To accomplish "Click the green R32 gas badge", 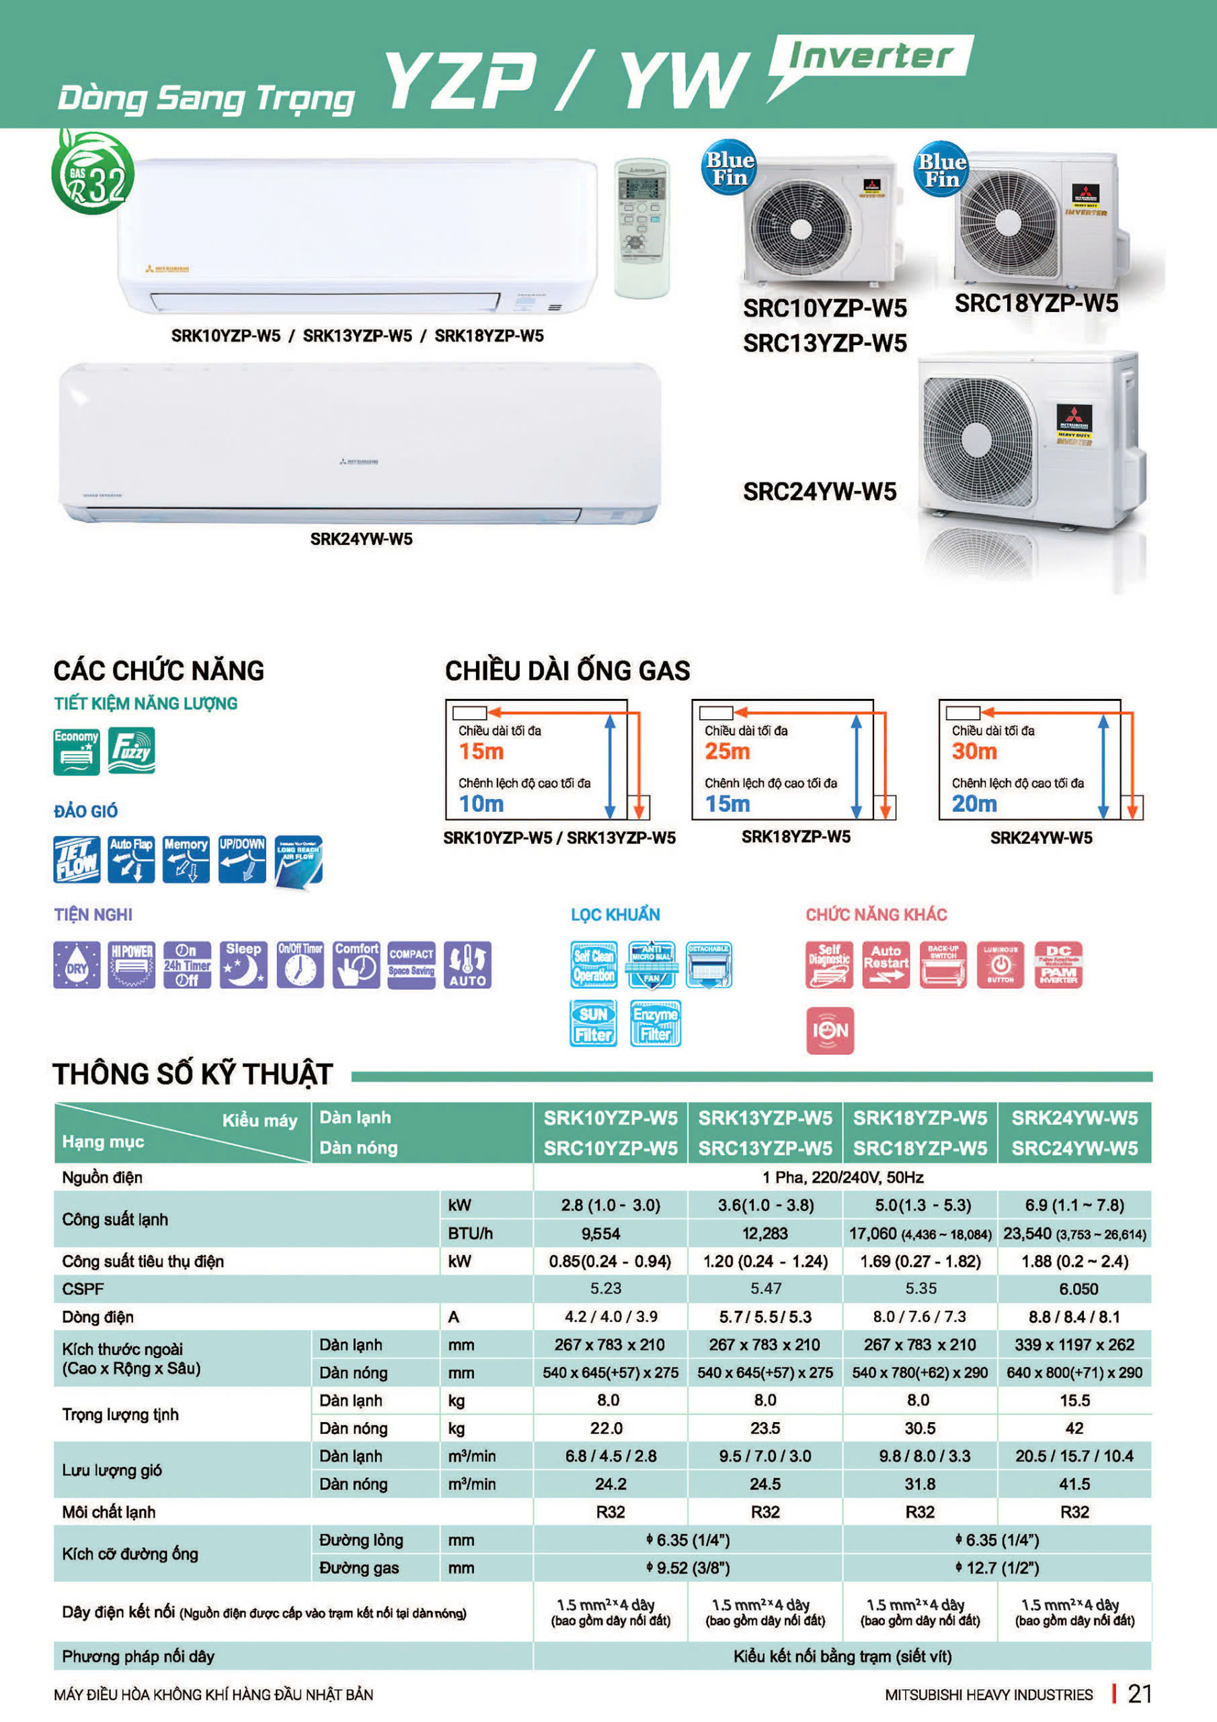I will tap(93, 174).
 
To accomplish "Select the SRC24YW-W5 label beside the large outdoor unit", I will tap(820, 492).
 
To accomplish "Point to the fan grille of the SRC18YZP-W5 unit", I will tap(1009, 223).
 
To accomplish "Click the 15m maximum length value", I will tap(481, 751).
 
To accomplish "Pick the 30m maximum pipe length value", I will tap(974, 751).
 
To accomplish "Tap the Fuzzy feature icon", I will tap(131, 750).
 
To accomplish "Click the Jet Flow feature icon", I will tap(77, 859).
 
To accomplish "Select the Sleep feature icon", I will tap(243, 965).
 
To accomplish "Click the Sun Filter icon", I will tap(593, 1024).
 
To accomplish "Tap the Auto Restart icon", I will tap(886, 965).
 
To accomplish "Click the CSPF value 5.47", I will tap(765, 1289).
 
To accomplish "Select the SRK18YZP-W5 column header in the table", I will tap(920, 1118).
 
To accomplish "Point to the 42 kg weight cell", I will tap(1074, 1428).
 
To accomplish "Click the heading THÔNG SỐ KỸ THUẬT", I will tap(193, 1074).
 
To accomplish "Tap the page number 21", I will tap(1140, 1694).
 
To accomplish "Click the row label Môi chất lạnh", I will tap(109, 1512).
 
